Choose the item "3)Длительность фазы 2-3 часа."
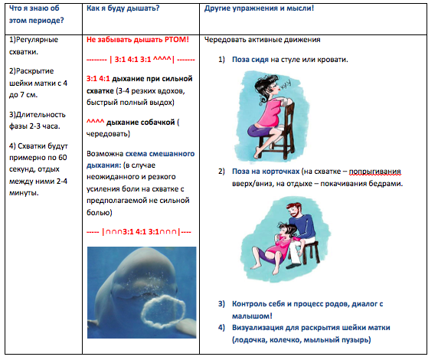[x=38, y=120]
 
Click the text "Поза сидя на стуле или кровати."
[x=290, y=59]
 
